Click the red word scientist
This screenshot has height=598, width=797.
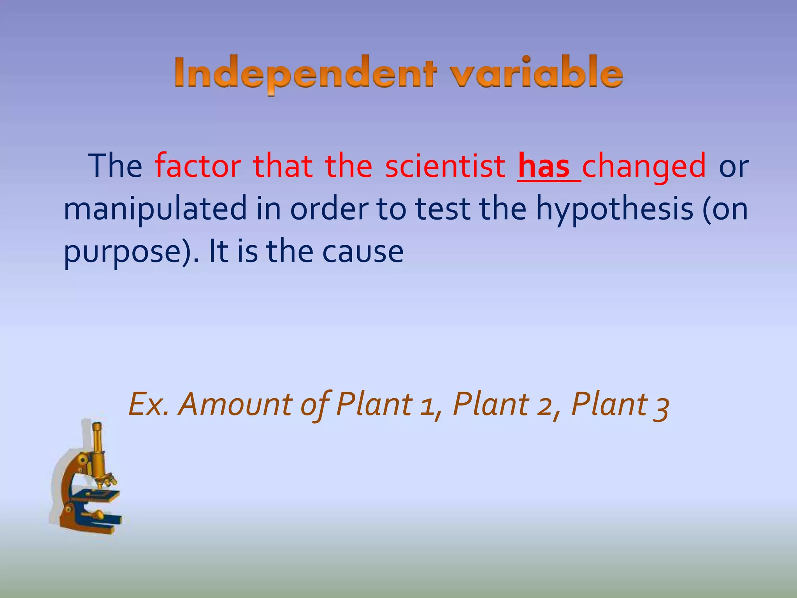click(x=445, y=166)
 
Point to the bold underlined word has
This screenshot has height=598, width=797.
click(x=544, y=166)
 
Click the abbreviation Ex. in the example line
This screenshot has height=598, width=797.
click(x=148, y=404)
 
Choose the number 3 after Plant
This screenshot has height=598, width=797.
click(x=661, y=406)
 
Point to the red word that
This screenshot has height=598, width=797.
click(x=283, y=166)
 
